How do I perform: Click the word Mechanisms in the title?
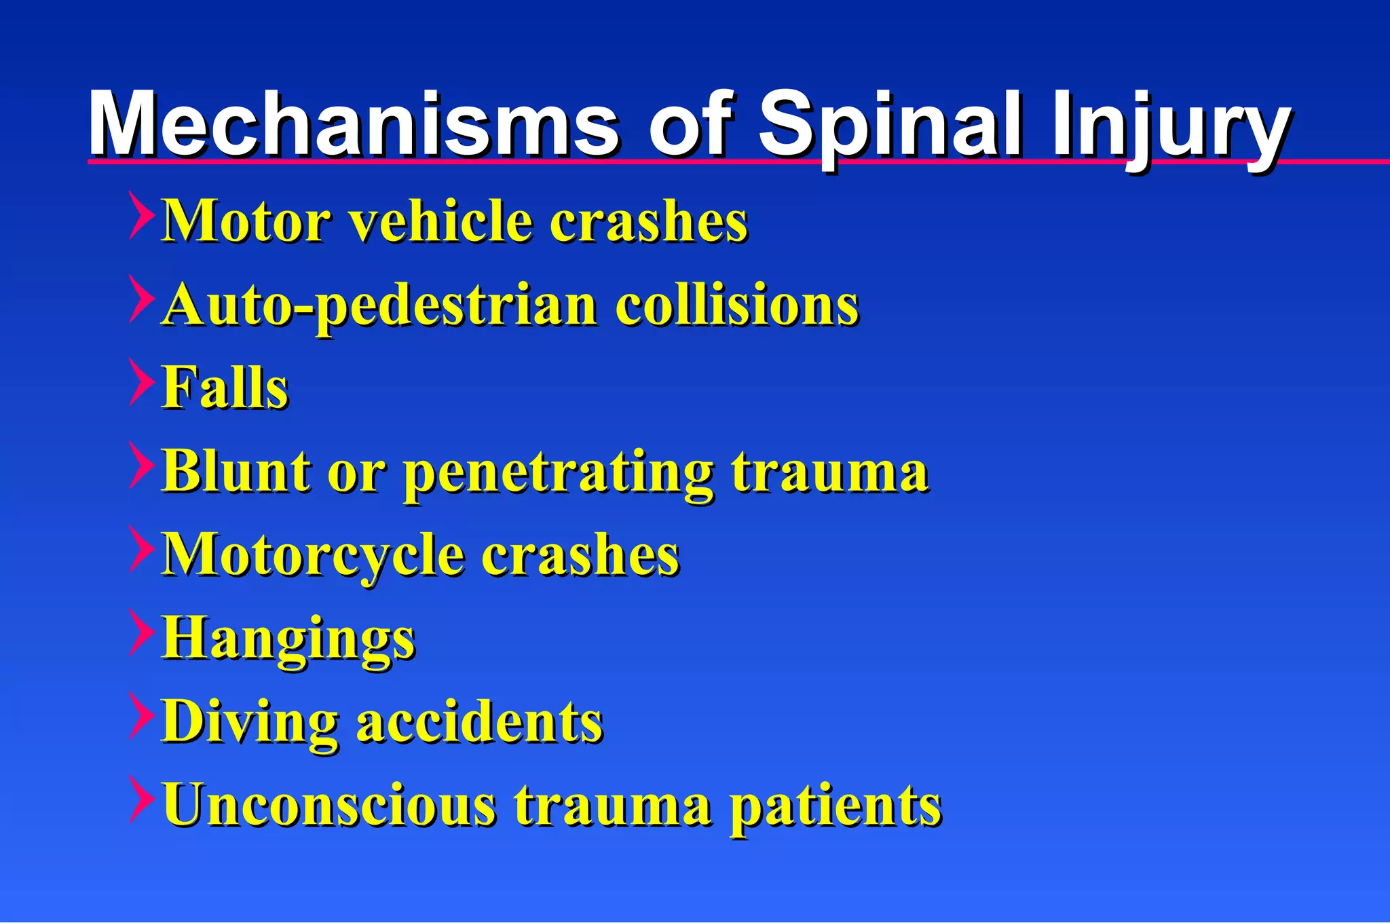(353, 124)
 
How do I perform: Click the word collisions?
(736, 305)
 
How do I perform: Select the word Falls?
(225, 388)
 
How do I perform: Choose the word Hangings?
(288, 639)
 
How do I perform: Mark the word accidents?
(479, 721)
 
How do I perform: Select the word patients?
(835, 806)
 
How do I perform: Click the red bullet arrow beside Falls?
(140, 382)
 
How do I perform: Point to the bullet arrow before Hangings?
(140, 633)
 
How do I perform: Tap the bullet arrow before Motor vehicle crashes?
(140, 215)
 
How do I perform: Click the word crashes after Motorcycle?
(580, 554)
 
